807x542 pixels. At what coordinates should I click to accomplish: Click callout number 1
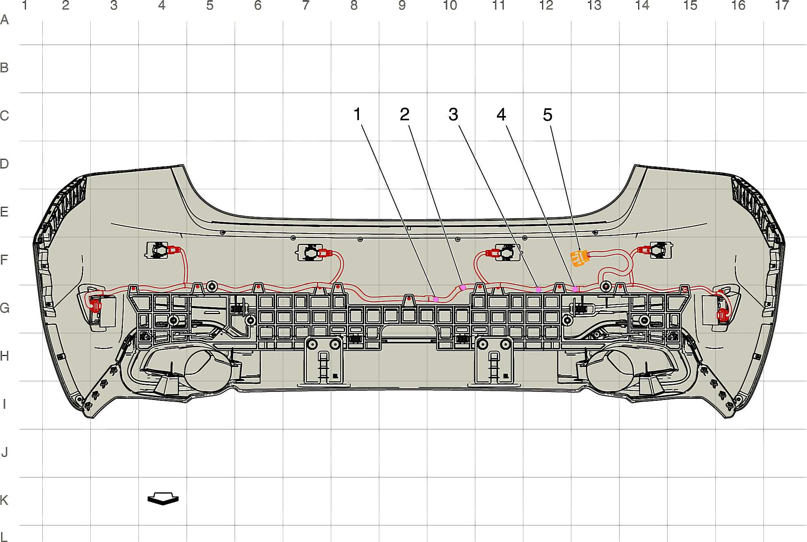pyautogui.click(x=357, y=114)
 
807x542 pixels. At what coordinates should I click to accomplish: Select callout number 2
pyautogui.click(x=405, y=114)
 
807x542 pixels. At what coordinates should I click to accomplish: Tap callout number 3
pyautogui.click(x=453, y=115)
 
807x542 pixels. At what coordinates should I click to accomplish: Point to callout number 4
pyautogui.click(x=501, y=115)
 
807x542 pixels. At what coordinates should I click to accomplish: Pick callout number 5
pyautogui.click(x=548, y=115)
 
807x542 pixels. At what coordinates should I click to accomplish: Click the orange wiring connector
pyautogui.click(x=580, y=258)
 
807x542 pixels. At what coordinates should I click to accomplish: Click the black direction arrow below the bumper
pyautogui.click(x=163, y=498)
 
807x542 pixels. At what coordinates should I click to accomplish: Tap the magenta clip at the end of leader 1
pyautogui.click(x=436, y=299)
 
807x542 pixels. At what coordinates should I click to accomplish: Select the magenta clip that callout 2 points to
pyautogui.click(x=463, y=288)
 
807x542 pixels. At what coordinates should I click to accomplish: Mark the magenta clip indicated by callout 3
pyautogui.click(x=538, y=290)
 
